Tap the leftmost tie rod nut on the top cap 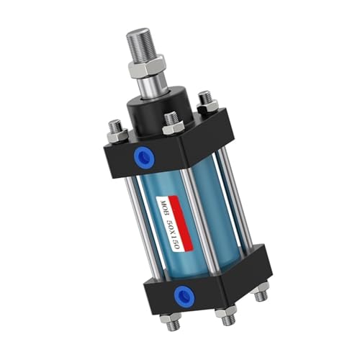pos(117,131)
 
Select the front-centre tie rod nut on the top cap pos(173,125)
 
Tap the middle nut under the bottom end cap pos(228,314)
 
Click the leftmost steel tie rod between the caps pos(135,216)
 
